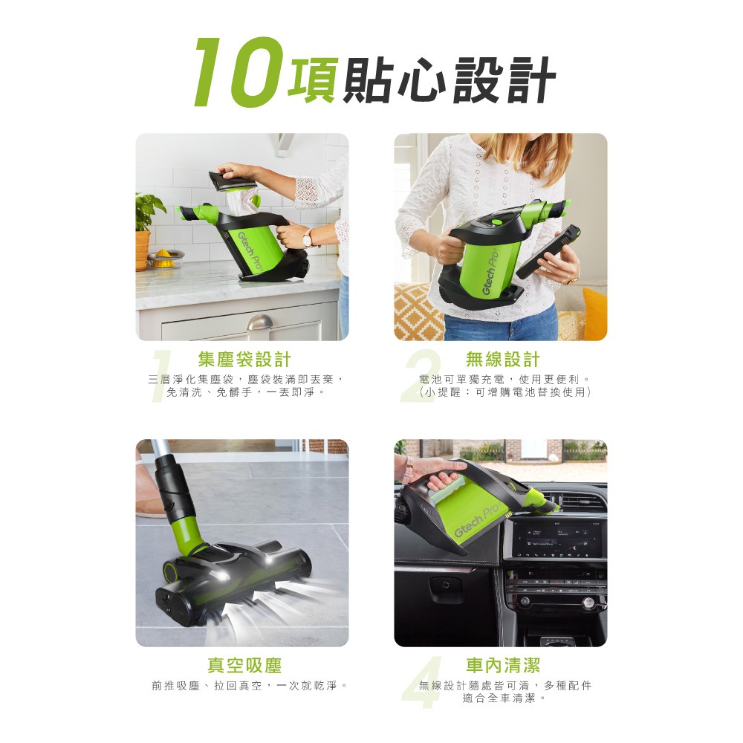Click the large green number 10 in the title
[x=239, y=72]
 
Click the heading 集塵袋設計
[x=244, y=360]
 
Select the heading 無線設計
[x=503, y=360]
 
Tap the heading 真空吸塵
[x=244, y=665]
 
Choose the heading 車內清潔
[x=503, y=665]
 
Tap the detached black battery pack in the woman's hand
[x=548, y=252]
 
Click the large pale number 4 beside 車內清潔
[x=422, y=682]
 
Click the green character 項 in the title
[x=314, y=80]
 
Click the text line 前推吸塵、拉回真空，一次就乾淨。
[x=250, y=686]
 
